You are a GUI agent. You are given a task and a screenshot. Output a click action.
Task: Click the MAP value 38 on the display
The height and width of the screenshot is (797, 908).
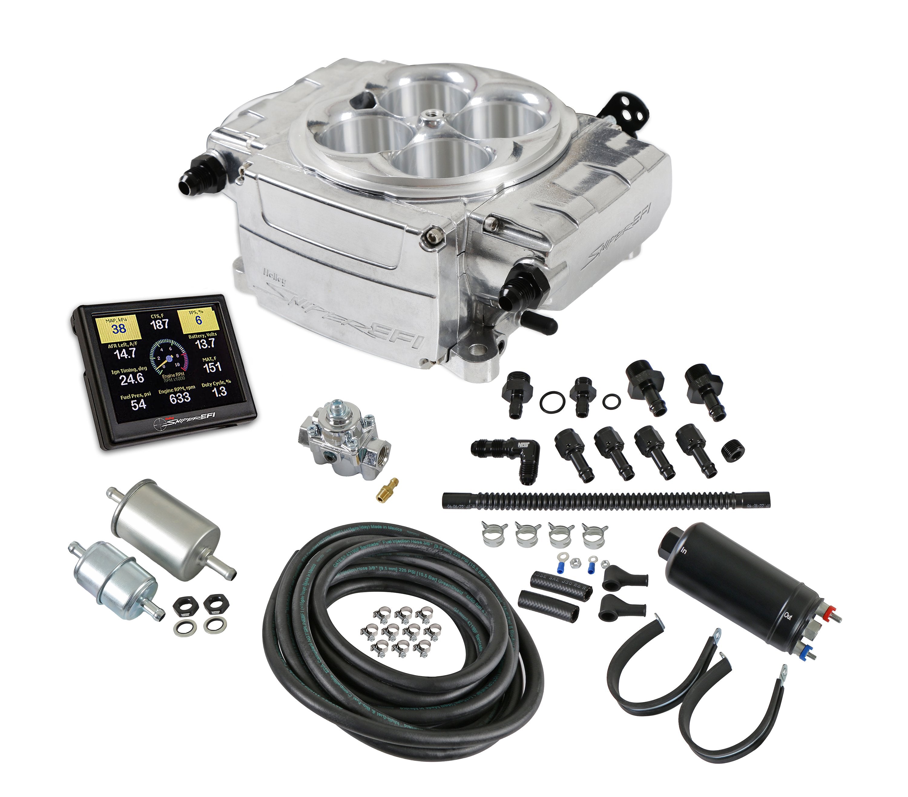pos(119,328)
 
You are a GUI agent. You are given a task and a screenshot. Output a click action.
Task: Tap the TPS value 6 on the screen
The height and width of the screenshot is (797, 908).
pos(198,320)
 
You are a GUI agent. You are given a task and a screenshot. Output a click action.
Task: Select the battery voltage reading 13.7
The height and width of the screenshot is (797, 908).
pos(205,343)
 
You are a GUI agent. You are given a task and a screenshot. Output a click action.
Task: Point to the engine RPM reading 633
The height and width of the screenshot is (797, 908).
pos(179,397)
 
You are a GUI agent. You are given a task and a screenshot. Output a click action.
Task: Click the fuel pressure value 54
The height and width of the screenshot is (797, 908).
pos(138,404)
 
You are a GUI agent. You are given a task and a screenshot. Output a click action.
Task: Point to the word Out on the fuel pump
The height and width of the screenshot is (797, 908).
pos(788,616)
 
